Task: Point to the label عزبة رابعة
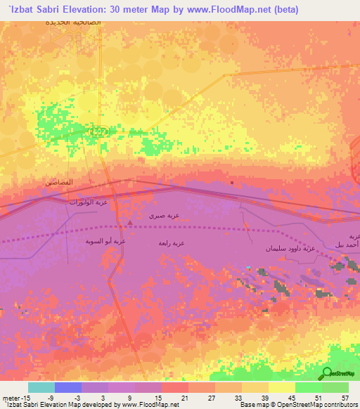pos(171,243)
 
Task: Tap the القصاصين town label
pos(59,182)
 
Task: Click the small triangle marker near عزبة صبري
pos(129,223)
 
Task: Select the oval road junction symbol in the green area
pos(101,131)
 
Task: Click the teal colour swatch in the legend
pos(41,387)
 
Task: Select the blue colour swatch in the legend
pos(67,387)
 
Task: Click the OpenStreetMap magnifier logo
pos(327,373)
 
